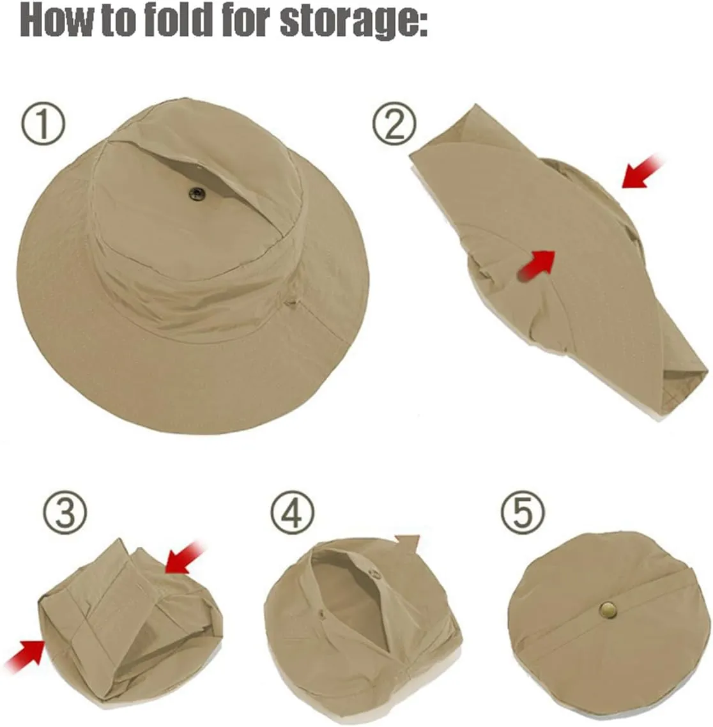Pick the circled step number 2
[394, 125]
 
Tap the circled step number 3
[65, 513]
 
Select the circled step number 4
[293, 513]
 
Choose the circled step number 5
[523, 513]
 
